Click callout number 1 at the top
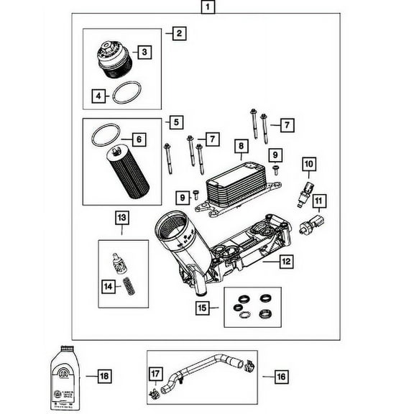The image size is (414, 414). [x=208, y=9]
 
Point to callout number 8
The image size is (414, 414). [x=241, y=146]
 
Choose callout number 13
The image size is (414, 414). [x=121, y=216]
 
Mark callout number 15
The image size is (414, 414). [x=203, y=308]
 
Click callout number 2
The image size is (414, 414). [x=177, y=33]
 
